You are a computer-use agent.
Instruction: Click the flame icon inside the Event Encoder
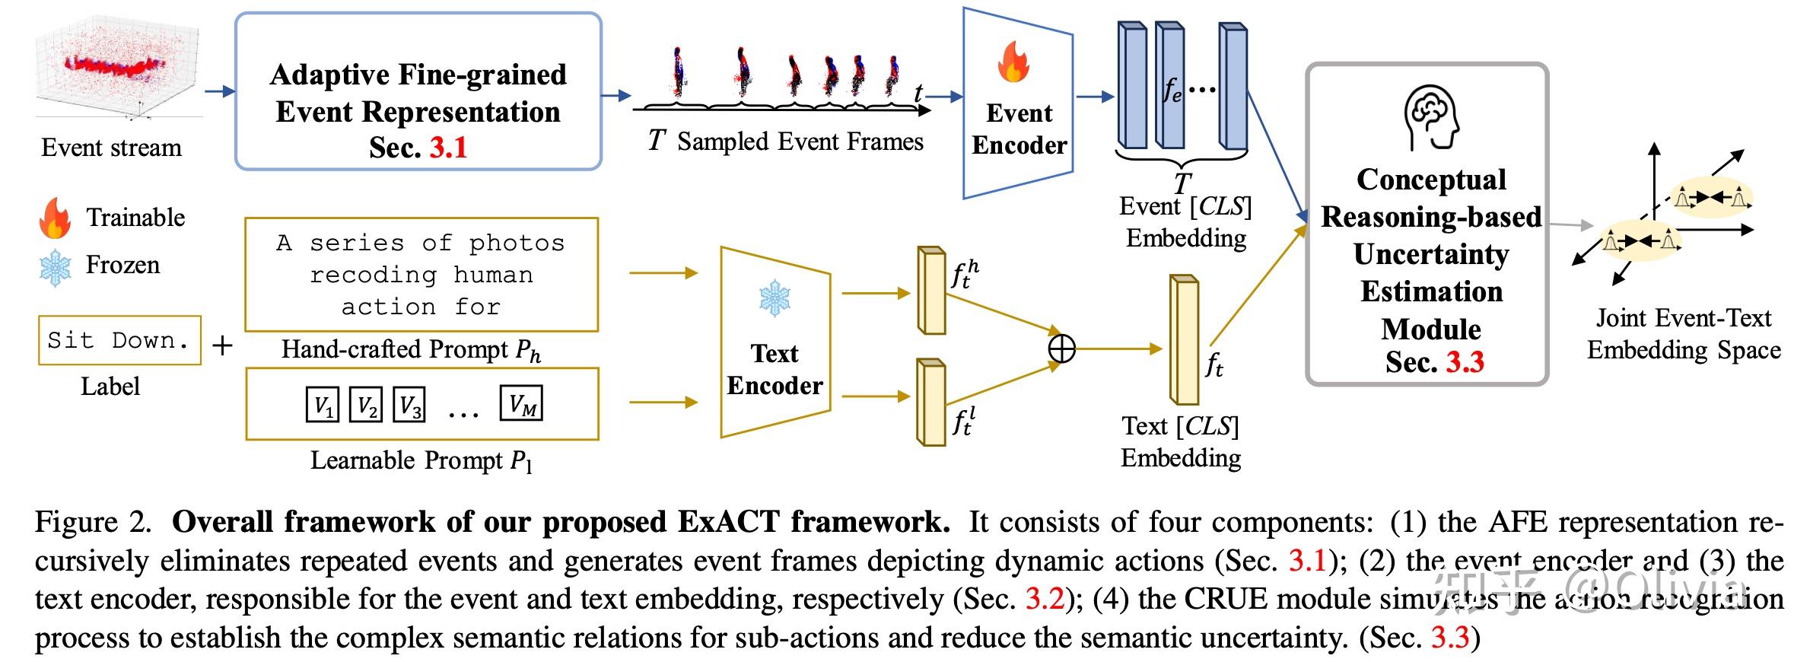pos(1013,62)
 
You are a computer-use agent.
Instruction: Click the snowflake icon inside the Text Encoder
pos(775,298)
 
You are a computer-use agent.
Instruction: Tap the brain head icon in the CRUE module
pos(1431,117)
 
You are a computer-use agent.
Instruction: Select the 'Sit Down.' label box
pos(119,340)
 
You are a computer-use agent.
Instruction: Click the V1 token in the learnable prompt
pos(323,405)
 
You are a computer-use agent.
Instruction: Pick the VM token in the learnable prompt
pos(521,403)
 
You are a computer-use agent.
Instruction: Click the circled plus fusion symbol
pos(1061,349)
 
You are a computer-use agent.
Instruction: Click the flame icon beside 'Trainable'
pos(55,218)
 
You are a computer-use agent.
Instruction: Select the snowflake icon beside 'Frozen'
pos(55,267)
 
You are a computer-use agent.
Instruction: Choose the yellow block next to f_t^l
pos(930,402)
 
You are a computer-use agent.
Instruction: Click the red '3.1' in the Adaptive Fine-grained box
pos(448,147)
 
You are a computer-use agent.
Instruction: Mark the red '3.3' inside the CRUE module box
pos(1465,361)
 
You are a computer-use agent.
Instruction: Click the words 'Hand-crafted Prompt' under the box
pos(394,349)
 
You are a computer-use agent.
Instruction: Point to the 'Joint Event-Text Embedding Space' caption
pos(1683,334)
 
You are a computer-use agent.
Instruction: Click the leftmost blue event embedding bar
pos(1131,85)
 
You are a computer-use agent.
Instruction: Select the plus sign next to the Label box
pos(222,346)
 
